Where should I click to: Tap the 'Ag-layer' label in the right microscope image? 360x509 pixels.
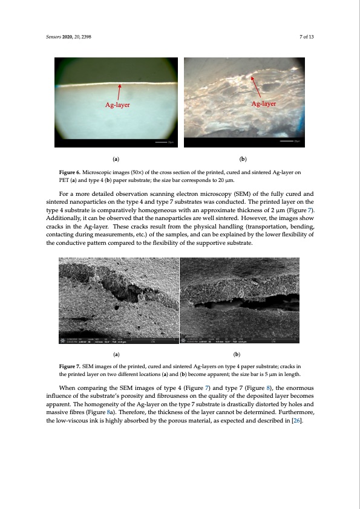[x=263, y=103]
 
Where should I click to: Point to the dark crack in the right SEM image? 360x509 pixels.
[x=248, y=302]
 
